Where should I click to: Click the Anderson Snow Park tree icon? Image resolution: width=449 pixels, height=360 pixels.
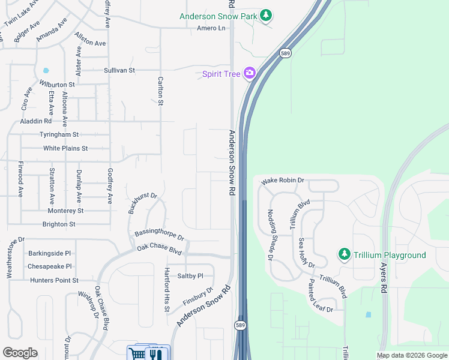tap(266, 16)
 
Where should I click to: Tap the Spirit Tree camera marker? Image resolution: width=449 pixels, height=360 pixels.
tap(249, 74)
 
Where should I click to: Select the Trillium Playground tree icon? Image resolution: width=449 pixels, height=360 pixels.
tap(344, 255)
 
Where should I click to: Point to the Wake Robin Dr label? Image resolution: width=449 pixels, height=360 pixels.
tap(283, 180)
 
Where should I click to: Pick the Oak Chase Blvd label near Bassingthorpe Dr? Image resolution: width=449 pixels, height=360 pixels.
tap(159, 248)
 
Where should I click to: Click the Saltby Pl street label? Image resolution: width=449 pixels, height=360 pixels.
tap(190, 276)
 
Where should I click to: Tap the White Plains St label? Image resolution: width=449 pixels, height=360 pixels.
tap(65, 148)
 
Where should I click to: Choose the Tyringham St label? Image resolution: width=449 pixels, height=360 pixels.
tap(59, 134)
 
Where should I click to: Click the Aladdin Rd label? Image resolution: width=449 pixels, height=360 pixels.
tap(36, 121)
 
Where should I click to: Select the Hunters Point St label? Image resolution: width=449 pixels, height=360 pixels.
tap(55, 280)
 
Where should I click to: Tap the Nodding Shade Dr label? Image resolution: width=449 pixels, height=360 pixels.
tap(271, 233)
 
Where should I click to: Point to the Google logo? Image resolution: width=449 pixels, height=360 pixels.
tap(20, 353)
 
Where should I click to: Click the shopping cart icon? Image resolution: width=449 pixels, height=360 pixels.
tap(137, 353)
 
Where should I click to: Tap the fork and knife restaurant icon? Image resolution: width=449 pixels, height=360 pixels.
tap(156, 353)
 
